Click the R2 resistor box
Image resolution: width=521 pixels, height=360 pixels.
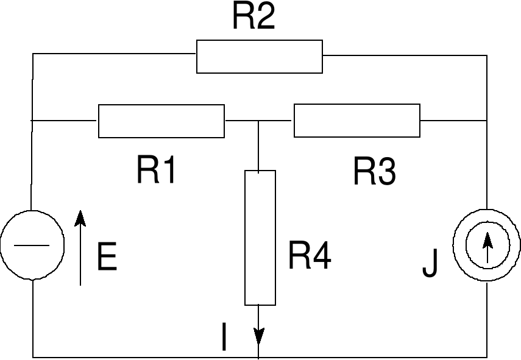click(x=259, y=57)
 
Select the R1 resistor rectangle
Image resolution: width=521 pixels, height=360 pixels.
click(x=161, y=121)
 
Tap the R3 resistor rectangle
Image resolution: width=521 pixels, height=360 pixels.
click(x=357, y=121)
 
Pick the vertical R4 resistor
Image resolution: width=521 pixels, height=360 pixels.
click(x=260, y=238)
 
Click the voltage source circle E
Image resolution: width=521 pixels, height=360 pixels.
click(x=32, y=245)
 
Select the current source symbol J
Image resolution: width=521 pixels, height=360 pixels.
click(x=487, y=245)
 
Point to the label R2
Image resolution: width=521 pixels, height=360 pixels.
click(x=253, y=18)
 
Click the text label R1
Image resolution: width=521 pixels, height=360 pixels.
click(x=157, y=171)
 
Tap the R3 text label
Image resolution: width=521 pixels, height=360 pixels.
click(x=374, y=172)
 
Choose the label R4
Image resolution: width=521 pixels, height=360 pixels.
click(x=309, y=256)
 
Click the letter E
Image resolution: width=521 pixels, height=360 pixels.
click(x=107, y=258)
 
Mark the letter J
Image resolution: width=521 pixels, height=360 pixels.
click(x=430, y=264)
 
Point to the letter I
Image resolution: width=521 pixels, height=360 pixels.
click(x=225, y=337)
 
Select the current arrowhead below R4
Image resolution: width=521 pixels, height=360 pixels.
click(x=260, y=336)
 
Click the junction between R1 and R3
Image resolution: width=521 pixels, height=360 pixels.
click(x=260, y=121)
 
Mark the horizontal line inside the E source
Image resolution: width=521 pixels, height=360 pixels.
click(x=32, y=245)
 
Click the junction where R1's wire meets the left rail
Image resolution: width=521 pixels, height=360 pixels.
click(x=33, y=121)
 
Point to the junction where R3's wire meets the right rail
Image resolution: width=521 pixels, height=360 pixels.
click(x=487, y=121)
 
